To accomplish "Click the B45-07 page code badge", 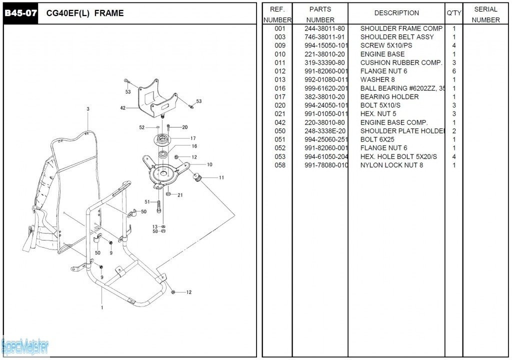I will [x=20, y=13].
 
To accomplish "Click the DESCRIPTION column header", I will [x=396, y=13].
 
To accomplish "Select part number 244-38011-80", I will [x=324, y=28].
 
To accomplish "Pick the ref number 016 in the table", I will [x=280, y=88].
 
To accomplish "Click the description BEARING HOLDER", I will [x=389, y=96].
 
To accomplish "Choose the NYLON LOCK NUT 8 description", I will [x=392, y=165].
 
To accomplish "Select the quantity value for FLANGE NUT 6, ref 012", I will [x=454, y=71].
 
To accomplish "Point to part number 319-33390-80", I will [x=324, y=62].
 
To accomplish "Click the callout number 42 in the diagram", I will [x=123, y=107].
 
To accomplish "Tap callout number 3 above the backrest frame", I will [x=88, y=109].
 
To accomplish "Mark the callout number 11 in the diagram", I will [x=221, y=177].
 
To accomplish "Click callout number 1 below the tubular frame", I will [x=102, y=307].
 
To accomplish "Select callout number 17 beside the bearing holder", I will [x=193, y=138].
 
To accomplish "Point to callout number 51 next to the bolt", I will [x=147, y=202].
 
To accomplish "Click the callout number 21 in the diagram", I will [x=180, y=195].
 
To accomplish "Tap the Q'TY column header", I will [x=454, y=13].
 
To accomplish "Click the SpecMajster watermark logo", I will [x=25, y=345].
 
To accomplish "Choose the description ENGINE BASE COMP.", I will [x=394, y=122].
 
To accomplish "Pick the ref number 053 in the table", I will [x=280, y=156].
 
